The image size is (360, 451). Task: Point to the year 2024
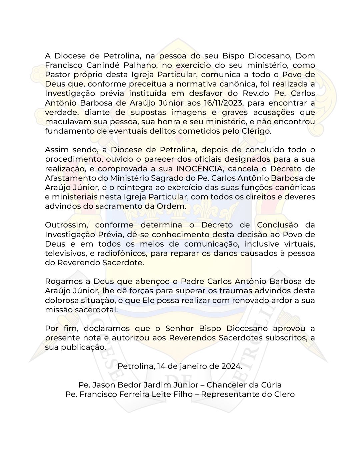(231, 366)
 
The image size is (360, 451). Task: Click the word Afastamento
(69, 178)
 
